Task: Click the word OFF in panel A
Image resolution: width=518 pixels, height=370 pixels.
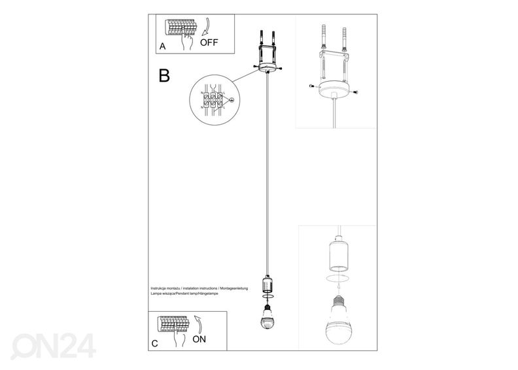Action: [209, 43]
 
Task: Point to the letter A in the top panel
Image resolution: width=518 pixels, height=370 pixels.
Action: [162, 46]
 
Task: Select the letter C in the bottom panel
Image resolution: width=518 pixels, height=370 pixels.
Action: [154, 342]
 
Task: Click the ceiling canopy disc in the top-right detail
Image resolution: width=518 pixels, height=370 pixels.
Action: [336, 90]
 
